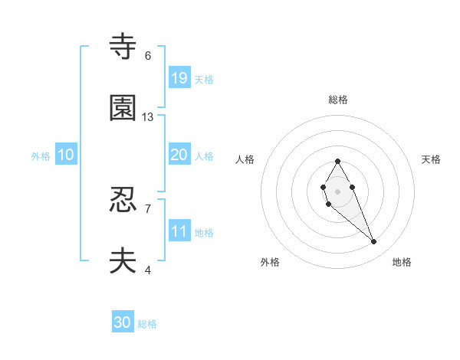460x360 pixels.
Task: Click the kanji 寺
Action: (x=123, y=47)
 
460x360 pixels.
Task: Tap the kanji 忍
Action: (x=123, y=200)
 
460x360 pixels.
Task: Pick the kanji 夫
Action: (x=123, y=261)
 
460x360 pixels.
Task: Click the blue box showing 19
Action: (x=179, y=77)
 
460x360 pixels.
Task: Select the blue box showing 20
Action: (x=179, y=155)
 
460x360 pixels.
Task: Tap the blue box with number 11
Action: (x=179, y=231)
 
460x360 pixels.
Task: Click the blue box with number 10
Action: (x=66, y=155)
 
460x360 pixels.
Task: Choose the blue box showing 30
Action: (x=123, y=322)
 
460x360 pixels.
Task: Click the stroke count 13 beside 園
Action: (x=148, y=117)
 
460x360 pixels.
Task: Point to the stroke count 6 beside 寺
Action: (x=148, y=56)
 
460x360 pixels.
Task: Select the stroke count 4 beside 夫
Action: (x=148, y=270)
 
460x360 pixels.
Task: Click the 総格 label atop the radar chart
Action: (x=337, y=100)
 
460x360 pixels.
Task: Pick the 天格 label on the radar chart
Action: (x=431, y=159)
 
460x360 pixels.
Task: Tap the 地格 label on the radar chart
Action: (x=402, y=262)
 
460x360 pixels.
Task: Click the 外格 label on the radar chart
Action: (x=270, y=262)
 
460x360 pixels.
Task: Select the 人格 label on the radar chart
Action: (x=245, y=159)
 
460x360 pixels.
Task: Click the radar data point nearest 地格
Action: (x=374, y=242)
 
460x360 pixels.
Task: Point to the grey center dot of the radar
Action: (x=337, y=190)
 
